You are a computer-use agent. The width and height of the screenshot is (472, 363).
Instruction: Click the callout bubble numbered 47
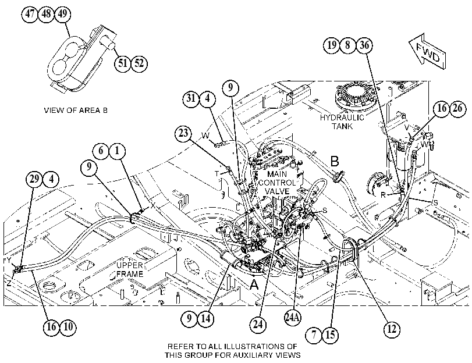pyautogui.click(x=30, y=13)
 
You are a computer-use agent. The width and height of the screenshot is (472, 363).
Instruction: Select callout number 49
pyautogui.click(x=63, y=13)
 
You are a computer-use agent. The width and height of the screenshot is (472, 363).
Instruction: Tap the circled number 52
pyautogui.click(x=139, y=63)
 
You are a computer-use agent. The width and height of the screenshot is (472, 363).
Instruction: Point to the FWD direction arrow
pyautogui.click(x=427, y=51)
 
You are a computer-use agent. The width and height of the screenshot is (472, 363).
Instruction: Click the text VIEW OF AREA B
pyautogui.click(x=76, y=110)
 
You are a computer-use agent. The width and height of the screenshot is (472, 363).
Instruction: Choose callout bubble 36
pyautogui.click(x=364, y=45)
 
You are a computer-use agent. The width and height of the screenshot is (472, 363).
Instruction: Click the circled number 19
pyautogui.click(x=331, y=45)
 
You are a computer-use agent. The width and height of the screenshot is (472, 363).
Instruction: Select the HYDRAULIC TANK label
pyautogui.click(x=342, y=122)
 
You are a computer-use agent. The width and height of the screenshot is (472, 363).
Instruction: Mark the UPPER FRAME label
pyautogui.click(x=130, y=270)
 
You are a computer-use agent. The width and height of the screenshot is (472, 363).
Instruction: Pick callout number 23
pyautogui.click(x=183, y=133)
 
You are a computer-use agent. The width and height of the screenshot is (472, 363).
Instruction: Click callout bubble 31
pyautogui.click(x=191, y=98)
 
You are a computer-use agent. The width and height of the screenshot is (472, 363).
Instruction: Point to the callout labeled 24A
pyautogui.click(x=293, y=317)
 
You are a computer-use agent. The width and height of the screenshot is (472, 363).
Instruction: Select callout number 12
pyautogui.click(x=392, y=329)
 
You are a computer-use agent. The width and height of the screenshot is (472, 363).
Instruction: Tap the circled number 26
pyautogui.click(x=457, y=108)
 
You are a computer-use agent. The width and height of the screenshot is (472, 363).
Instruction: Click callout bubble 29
pyautogui.click(x=34, y=179)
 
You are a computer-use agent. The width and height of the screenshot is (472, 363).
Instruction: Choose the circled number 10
pyautogui.click(x=68, y=326)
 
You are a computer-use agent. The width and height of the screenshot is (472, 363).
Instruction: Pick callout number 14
pyautogui.click(x=206, y=318)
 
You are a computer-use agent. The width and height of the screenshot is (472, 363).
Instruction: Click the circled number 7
pyautogui.click(x=314, y=334)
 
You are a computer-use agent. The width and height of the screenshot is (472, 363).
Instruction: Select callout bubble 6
pyautogui.click(x=101, y=150)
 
